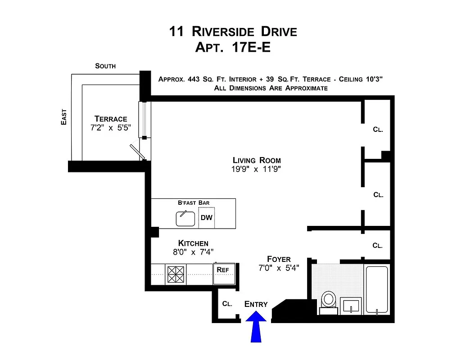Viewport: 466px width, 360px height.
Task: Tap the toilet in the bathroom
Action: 328,301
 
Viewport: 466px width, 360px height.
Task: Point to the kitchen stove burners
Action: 176,274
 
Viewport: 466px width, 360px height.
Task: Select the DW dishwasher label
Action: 207,218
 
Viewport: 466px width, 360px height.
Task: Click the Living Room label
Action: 257,160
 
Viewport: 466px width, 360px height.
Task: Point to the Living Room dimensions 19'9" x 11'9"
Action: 257,170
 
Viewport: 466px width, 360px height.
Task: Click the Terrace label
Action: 111,119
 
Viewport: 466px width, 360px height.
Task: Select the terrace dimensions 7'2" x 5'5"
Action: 111,128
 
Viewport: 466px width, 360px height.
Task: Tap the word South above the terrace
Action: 105,66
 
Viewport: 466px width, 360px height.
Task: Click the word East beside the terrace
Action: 64,117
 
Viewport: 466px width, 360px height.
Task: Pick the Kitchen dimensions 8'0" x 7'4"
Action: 193,252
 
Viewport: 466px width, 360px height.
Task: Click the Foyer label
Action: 279,259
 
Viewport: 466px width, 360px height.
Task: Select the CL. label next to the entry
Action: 227,304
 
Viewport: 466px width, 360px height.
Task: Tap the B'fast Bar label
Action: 194,203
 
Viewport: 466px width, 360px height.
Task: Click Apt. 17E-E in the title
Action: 233,47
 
